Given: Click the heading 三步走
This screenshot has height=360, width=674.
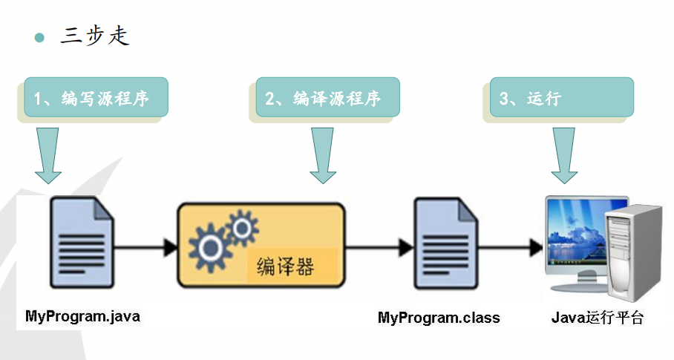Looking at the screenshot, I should tap(95, 36).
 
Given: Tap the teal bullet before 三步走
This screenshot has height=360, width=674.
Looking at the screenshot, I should tap(40, 37).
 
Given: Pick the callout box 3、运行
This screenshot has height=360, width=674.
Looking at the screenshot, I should tap(561, 98).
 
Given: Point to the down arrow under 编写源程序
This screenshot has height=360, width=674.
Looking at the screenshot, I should tap(48, 154).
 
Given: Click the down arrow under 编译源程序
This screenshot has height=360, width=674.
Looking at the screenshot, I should tap(323, 154).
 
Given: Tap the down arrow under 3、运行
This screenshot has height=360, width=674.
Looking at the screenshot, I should tap(564, 154).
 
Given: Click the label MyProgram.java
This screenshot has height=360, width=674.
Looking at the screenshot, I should tap(82, 316).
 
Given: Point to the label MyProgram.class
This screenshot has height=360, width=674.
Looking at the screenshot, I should tap(439, 318).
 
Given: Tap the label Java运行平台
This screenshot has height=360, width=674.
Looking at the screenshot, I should tap(598, 318).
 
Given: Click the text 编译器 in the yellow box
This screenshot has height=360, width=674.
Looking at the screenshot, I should tap(285, 266).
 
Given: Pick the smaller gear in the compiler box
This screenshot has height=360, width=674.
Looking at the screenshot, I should tap(241, 227).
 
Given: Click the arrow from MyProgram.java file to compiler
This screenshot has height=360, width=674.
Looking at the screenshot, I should tap(146, 246).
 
